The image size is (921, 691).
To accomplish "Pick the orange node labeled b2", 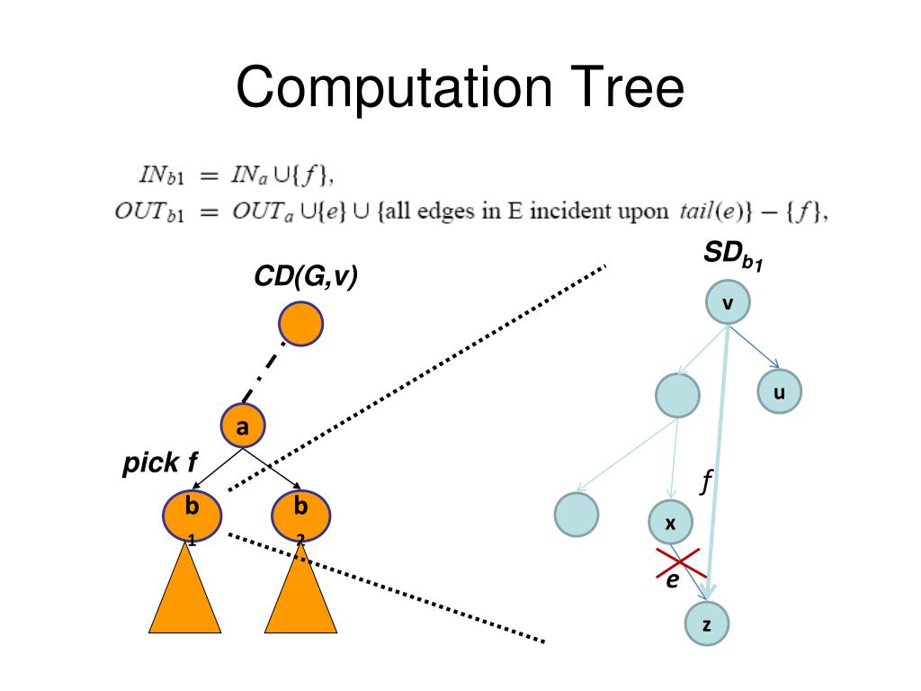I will (300, 515).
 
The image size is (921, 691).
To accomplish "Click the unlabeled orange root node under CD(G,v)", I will (300, 324).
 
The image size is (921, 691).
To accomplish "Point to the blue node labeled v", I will (728, 304).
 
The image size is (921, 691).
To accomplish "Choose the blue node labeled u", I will (778, 392).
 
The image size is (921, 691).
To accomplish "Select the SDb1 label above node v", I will (733, 259).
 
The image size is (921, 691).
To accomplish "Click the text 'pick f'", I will (159, 464).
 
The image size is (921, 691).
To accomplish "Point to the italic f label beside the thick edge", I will (707, 482).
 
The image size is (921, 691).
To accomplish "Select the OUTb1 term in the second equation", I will (149, 213).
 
